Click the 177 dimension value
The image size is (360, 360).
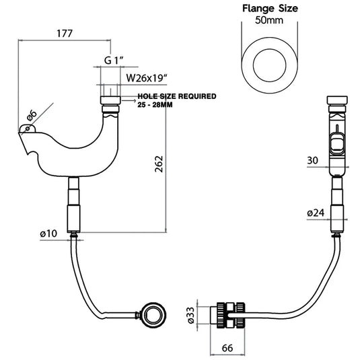(65, 34)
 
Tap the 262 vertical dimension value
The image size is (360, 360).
(159, 164)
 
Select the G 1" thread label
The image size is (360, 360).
(114, 61)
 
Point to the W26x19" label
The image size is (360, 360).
(147, 78)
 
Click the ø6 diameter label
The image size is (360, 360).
(32, 115)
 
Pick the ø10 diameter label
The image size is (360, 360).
(48, 233)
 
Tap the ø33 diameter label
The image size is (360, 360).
(191, 315)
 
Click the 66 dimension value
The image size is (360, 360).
(227, 348)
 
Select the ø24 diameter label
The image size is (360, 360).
(316, 213)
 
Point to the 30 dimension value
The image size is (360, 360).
(312, 160)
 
